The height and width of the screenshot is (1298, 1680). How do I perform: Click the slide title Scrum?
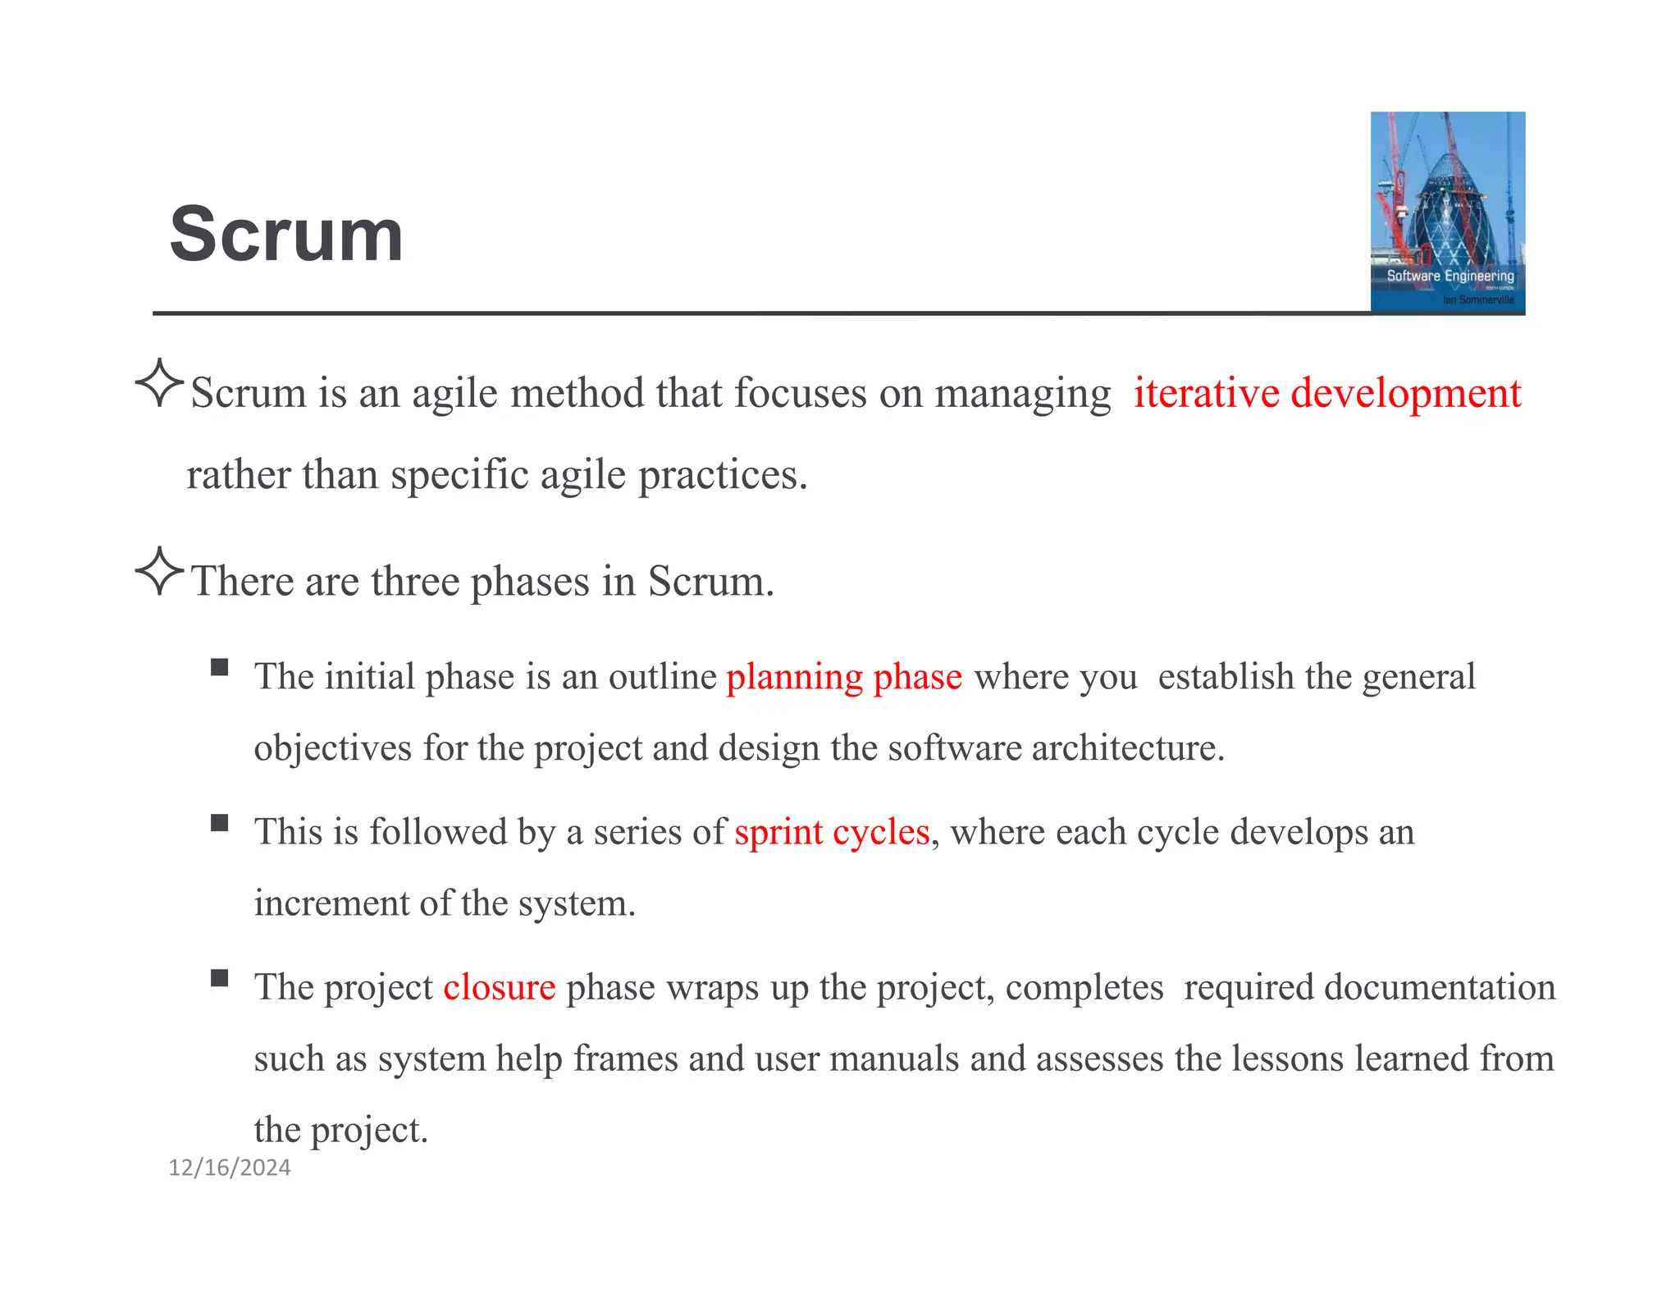[286, 235]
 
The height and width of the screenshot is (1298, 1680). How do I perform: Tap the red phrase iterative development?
[1326, 393]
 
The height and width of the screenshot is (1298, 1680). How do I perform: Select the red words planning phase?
[844, 677]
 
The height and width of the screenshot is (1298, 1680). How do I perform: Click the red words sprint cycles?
[832, 832]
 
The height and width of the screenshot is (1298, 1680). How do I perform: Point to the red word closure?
[499, 987]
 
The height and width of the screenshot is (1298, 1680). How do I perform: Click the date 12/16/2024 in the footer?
[230, 1168]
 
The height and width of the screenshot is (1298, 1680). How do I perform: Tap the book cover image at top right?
[1447, 197]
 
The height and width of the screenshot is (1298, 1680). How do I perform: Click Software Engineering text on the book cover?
[1449, 276]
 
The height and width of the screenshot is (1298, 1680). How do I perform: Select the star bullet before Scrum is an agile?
[158, 383]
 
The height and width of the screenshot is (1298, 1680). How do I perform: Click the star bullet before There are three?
[158, 571]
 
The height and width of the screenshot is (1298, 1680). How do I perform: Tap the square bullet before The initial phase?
[219, 666]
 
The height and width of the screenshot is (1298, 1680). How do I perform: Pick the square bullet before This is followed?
[219, 822]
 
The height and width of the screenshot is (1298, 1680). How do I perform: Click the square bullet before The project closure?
[219, 977]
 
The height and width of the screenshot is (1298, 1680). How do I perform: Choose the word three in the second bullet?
[415, 582]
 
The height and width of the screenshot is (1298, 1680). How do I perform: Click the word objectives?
[333, 748]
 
